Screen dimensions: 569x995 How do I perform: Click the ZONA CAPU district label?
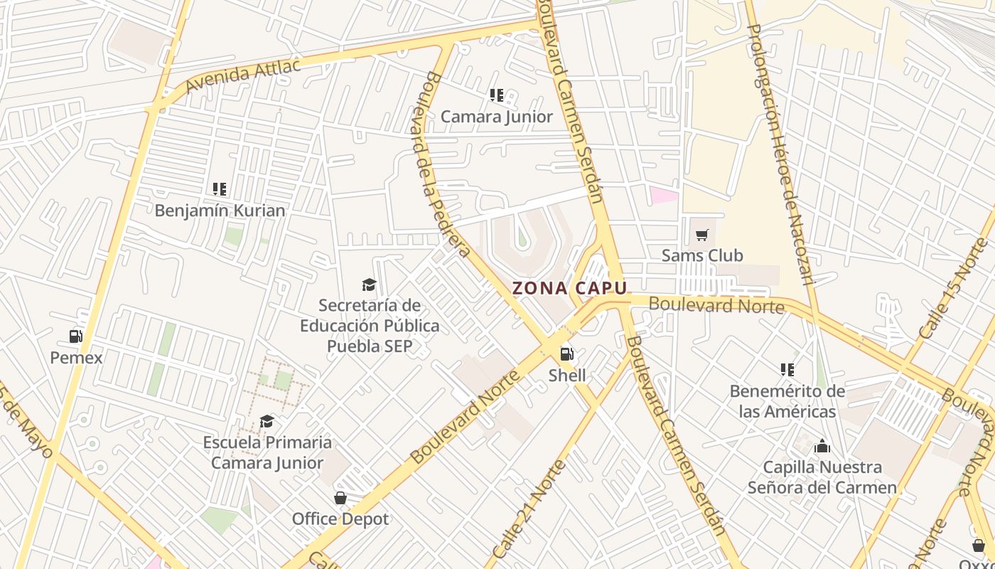tap(570, 288)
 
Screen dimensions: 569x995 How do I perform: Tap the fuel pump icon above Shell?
tap(567, 353)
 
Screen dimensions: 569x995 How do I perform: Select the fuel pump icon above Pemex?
tap(76, 336)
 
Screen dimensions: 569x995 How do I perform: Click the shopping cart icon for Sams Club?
tap(702, 235)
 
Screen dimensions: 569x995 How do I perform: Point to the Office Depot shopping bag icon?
tap(340, 498)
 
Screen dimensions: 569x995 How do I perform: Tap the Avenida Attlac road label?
tap(242, 75)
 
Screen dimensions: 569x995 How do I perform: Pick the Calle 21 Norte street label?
tap(529, 509)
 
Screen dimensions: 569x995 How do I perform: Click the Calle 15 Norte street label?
tap(953, 289)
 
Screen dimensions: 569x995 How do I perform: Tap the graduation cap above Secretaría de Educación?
tap(369, 285)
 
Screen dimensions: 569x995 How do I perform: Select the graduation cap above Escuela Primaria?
tap(267, 422)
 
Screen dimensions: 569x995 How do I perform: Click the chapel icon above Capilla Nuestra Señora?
tap(822, 446)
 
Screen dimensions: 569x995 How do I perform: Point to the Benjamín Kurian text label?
tap(220, 211)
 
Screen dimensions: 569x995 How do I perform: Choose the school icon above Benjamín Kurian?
tap(220, 189)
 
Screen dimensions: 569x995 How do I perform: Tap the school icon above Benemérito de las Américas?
tap(787, 370)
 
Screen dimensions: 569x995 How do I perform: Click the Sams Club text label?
tap(702, 255)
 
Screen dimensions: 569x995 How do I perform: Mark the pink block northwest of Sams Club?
tap(664, 195)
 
